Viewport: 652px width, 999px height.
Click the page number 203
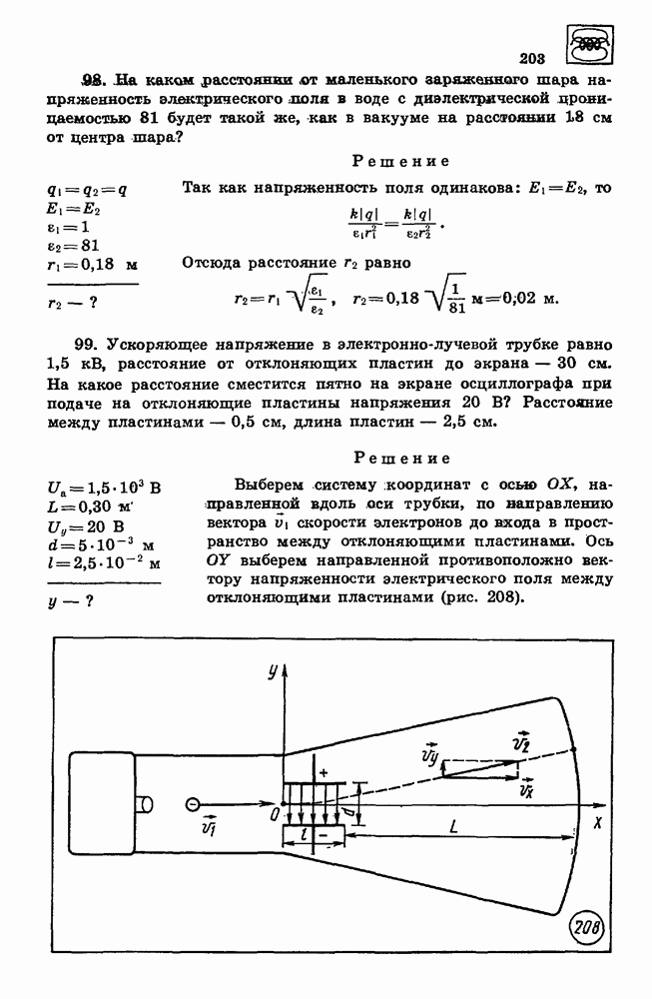click(536, 58)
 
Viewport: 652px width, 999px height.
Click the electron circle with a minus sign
click(193, 801)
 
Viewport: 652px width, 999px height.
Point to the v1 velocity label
click(209, 827)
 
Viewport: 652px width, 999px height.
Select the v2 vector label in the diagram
click(519, 744)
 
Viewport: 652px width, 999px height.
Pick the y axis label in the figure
click(271, 671)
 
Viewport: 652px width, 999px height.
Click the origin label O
click(271, 815)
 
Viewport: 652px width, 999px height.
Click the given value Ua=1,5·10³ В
click(104, 490)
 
